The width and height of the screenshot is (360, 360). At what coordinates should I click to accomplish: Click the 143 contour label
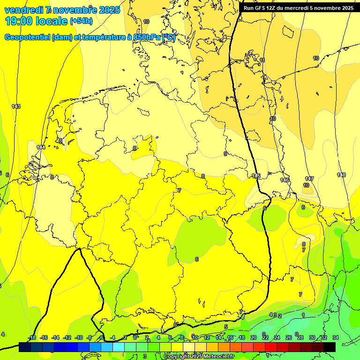[16, 106]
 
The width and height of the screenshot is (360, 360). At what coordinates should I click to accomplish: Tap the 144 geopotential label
[41, 147]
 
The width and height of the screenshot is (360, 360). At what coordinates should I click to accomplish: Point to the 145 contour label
[256, 176]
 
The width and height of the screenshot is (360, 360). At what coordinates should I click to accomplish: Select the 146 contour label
[285, 180]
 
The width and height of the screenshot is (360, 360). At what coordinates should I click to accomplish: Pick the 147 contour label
[309, 179]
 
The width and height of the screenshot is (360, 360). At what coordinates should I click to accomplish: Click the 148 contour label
[341, 175]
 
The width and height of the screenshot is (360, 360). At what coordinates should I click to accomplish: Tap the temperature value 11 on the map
[262, 60]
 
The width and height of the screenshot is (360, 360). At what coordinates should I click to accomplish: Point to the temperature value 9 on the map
[225, 154]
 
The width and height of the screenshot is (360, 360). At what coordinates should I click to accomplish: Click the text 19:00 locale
[36, 21]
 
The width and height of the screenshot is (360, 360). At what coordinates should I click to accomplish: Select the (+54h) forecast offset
[81, 21]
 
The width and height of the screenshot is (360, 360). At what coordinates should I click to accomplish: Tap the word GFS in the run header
[261, 8]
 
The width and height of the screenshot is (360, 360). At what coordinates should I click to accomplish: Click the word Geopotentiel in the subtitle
[27, 37]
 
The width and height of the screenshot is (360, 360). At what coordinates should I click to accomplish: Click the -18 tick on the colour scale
[32, 337]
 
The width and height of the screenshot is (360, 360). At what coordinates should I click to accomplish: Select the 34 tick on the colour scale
[335, 337]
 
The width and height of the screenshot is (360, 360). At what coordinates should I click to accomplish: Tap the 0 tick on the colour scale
[135, 337]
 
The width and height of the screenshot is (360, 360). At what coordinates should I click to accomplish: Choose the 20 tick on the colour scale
[253, 337]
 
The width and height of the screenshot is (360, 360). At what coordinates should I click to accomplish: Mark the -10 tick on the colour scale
[79, 337]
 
